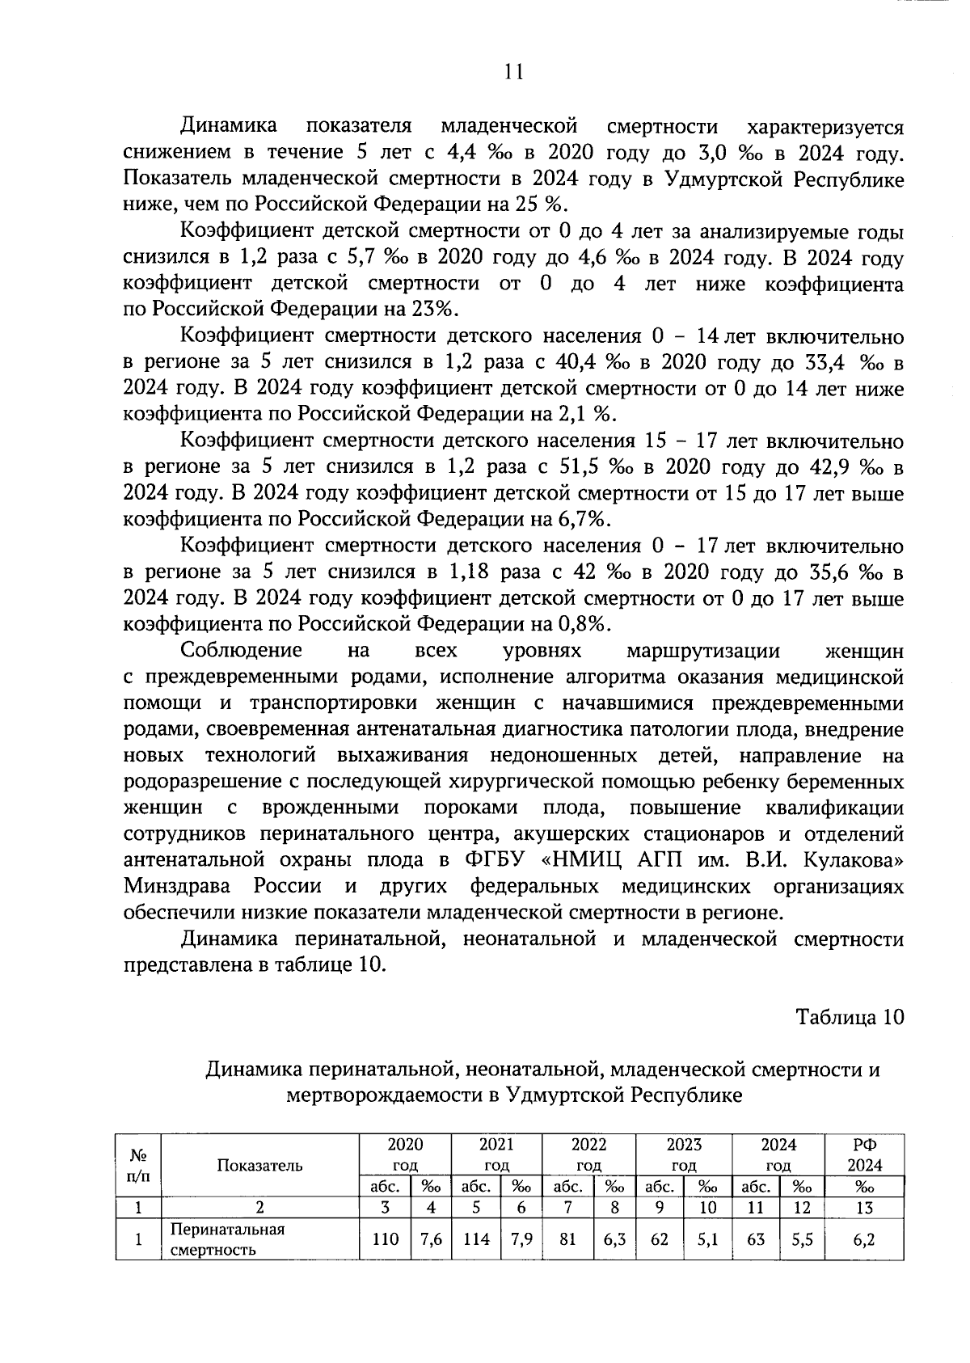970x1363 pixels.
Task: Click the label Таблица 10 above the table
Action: click(850, 1016)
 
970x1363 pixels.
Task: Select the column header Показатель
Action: click(259, 1165)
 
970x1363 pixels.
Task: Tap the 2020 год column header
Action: click(406, 1154)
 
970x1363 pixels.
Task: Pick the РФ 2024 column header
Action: click(864, 1154)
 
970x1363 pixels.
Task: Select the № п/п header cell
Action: click(138, 1165)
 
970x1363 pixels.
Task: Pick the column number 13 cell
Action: click(864, 1208)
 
